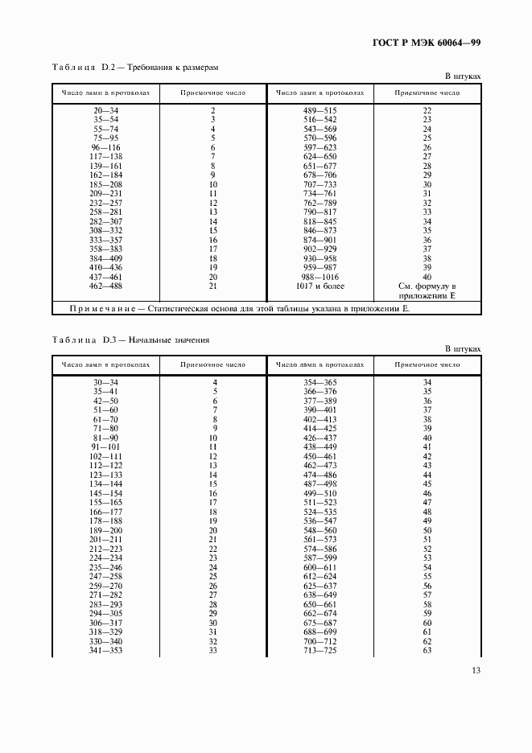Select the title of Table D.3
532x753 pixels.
coord(130,339)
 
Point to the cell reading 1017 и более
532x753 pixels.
coord(320,286)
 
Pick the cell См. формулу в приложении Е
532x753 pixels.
coord(427,290)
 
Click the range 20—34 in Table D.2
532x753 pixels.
coord(105,109)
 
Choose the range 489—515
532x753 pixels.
coord(320,109)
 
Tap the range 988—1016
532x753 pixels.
coord(320,276)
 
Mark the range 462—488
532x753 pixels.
coord(105,286)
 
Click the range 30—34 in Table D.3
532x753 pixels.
coord(105,382)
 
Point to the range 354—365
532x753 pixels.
coord(320,382)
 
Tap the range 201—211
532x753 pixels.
coord(105,539)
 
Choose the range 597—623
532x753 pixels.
coord(320,148)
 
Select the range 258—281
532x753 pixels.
coord(105,212)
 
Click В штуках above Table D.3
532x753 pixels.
coord(463,349)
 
